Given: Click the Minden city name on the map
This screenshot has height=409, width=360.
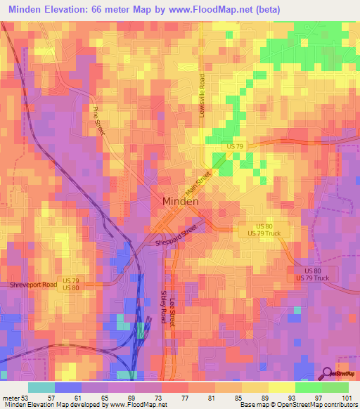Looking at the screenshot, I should (x=180, y=200).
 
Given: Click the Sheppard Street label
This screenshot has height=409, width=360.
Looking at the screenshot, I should (x=176, y=235).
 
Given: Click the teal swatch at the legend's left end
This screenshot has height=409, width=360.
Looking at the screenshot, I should (x=41, y=387).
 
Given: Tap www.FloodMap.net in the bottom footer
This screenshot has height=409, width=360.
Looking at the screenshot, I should (x=134, y=405).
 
